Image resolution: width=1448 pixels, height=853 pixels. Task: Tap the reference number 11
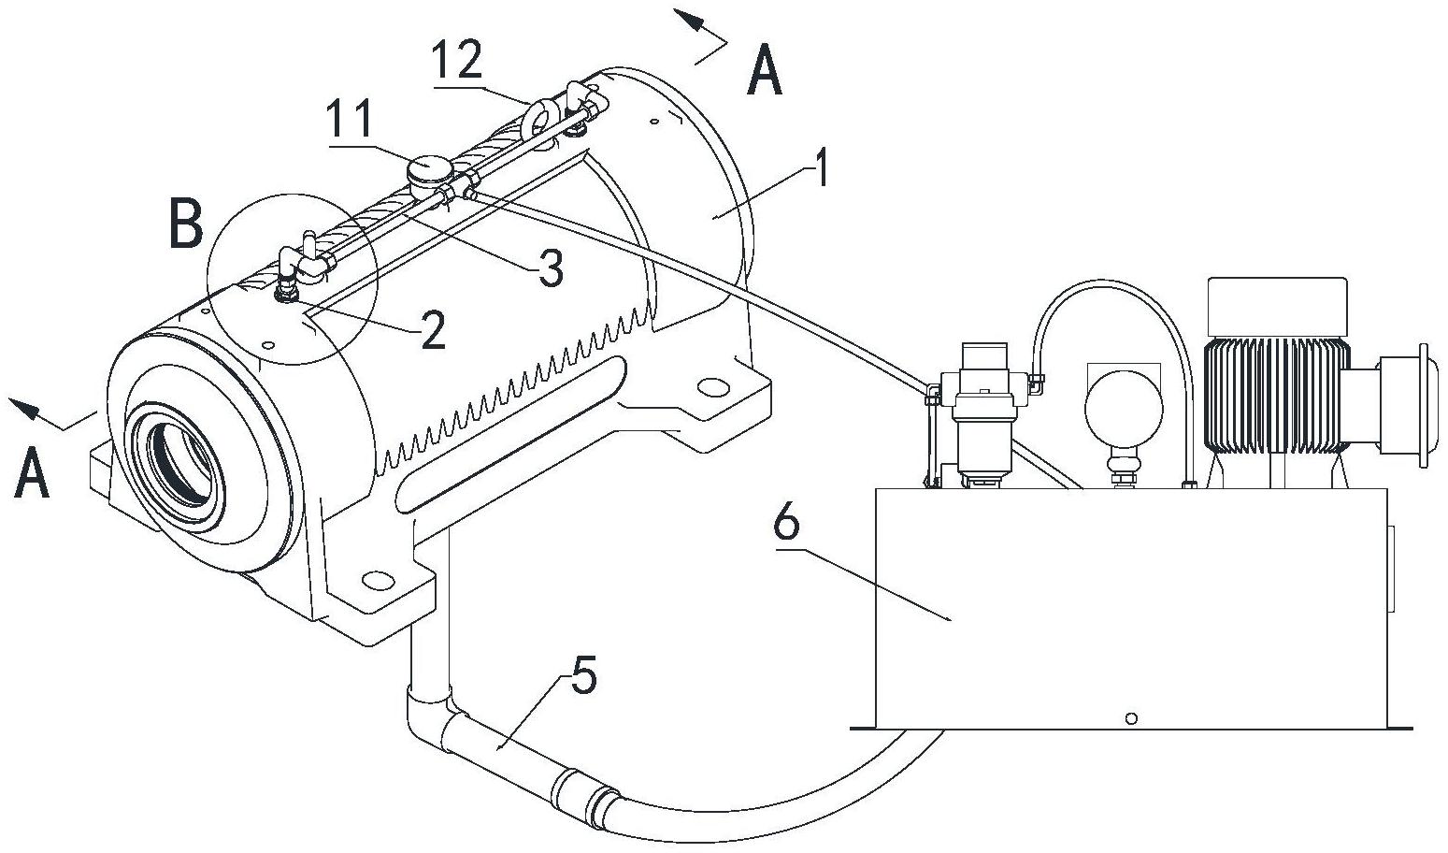point(347,122)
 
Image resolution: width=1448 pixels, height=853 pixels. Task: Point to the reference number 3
point(550,270)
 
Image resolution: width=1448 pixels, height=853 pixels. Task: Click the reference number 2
point(433,330)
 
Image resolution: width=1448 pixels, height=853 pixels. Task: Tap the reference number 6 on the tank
point(787,525)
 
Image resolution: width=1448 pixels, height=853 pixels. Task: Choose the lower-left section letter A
point(32,474)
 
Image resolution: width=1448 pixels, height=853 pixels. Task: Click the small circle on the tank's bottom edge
point(1131,718)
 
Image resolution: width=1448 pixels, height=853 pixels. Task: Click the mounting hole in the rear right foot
point(712,385)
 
